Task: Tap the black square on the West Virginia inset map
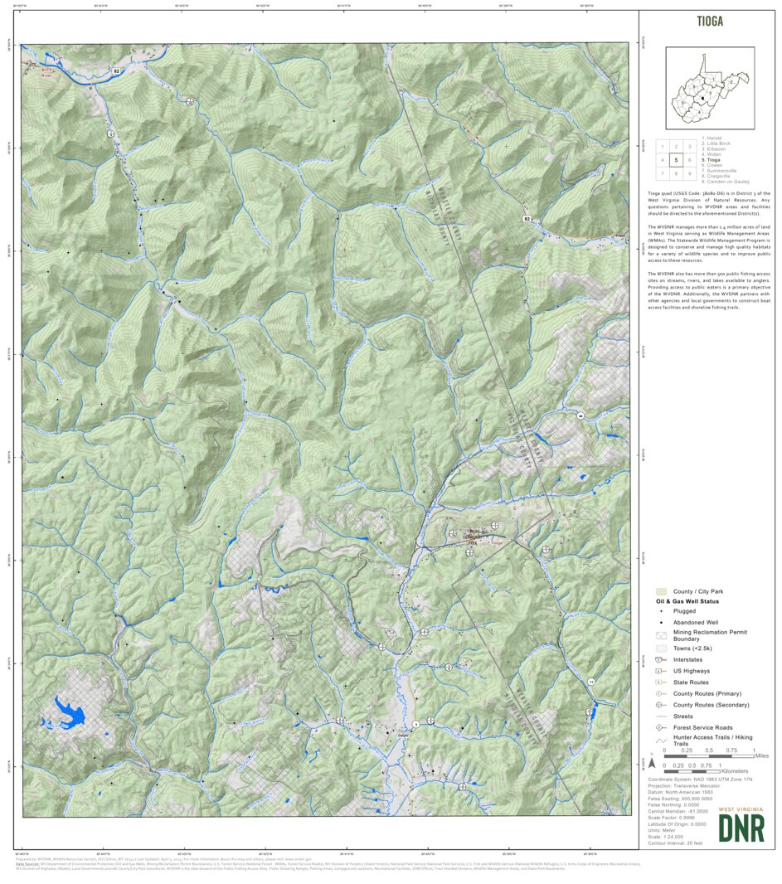pyautogui.click(x=703, y=97)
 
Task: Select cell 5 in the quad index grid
pyautogui.click(x=677, y=160)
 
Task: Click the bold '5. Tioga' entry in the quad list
pyautogui.click(x=713, y=160)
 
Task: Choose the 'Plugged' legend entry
pyautogui.click(x=684, y=611)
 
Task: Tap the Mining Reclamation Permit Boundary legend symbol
pyautogui.click(x=661, y=635)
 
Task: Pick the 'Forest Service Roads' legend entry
pyautogui.click(x=702, y=727)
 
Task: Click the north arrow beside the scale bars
pyautogui.click(x=652, y=763)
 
